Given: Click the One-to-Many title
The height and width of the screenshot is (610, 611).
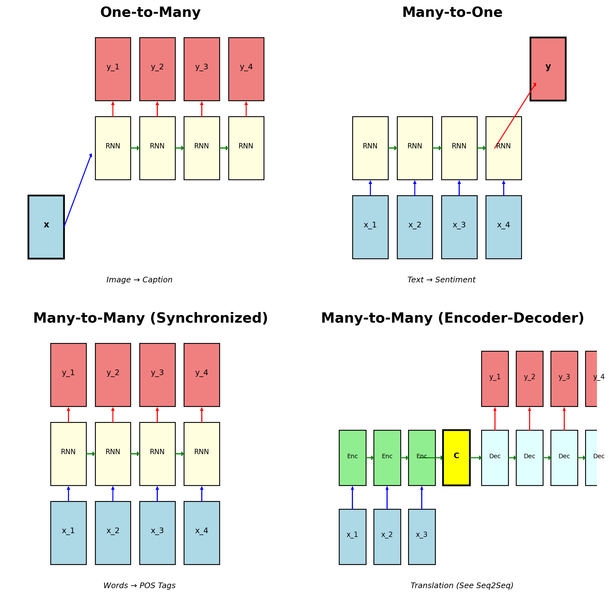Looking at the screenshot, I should pos(150,13).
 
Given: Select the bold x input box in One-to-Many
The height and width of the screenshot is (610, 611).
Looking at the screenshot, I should pos(46,227).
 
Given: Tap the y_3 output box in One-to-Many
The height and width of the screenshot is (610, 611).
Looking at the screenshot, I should pos(201,69).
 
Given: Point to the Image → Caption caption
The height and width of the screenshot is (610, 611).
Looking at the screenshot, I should pos(139,280).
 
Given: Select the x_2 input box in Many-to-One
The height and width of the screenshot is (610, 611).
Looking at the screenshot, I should pos(415,227).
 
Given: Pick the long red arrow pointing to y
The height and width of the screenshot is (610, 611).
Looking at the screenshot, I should pos(515,116).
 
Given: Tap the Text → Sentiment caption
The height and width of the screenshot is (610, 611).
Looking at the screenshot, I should pos(441,280).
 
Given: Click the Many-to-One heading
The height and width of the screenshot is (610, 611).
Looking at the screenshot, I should pos(452,13).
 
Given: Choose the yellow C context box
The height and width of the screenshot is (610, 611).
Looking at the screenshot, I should pos(456,458).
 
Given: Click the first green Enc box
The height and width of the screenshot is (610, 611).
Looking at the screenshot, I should pos(352,458).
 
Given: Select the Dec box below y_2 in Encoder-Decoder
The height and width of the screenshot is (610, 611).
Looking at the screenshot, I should pos(530,458).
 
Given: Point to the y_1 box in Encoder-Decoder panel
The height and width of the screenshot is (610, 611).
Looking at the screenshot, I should pos(495,379).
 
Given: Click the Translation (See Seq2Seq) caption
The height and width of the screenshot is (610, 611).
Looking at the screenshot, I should pos(462,585).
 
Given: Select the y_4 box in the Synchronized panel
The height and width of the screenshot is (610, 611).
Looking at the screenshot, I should pos(201,374).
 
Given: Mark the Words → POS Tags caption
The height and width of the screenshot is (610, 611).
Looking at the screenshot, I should pos(139,585).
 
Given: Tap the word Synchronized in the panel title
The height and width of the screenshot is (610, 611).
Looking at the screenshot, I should pos(209,318).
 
